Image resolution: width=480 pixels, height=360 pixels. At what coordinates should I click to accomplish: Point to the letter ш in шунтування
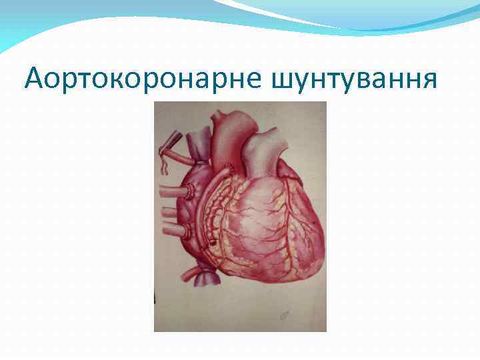(282, 81)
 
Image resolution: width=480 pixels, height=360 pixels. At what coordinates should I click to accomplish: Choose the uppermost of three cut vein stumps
(175, 192)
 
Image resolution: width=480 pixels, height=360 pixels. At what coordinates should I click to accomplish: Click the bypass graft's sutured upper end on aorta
(229, 167)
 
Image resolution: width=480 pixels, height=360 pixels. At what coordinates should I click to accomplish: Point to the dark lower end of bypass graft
(213, 245)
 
